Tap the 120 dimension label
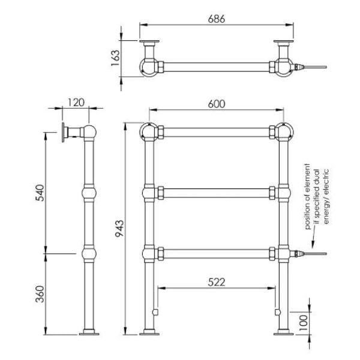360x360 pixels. point(76,102)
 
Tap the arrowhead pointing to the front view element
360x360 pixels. point(312,244)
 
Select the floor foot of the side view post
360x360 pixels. point(89,332)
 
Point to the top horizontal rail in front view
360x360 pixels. point(216,131)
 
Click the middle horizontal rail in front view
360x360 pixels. point(216,192)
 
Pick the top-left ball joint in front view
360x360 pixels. point(148,131)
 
